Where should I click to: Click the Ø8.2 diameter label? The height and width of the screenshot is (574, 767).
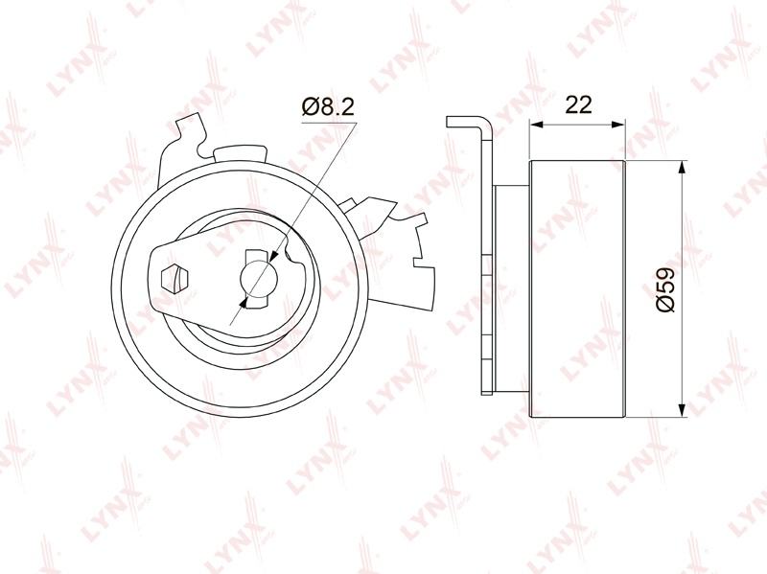tap(328, 106)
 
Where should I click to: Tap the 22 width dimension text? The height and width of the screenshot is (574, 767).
tap(578, 104)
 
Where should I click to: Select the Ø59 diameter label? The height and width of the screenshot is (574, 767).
tap(665, 289)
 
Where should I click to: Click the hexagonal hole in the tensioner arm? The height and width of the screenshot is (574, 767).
tap(174, 279)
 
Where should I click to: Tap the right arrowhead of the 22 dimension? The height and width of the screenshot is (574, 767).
tap(618, 125)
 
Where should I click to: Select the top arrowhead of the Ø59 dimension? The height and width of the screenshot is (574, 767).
tap(682, 169)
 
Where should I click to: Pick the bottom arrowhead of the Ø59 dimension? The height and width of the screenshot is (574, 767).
tap(682, 410)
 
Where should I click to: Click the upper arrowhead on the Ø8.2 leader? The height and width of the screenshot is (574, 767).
tap(274, 255)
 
